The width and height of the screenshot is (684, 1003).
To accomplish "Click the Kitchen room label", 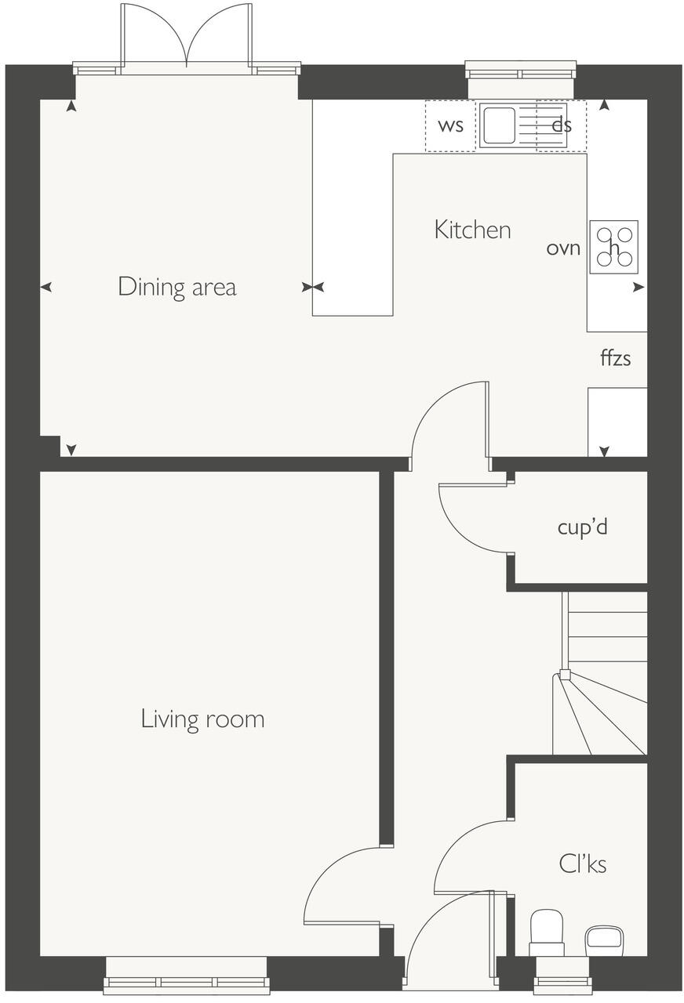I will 472,230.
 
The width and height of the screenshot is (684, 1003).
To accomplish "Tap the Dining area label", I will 176,287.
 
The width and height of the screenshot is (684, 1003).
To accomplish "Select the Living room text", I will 202,719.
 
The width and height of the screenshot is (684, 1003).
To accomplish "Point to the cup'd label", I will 582,527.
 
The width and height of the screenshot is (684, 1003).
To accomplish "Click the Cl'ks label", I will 582,864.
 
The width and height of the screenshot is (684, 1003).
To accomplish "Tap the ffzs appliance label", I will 615,359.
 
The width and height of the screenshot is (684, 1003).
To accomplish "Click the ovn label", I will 563,248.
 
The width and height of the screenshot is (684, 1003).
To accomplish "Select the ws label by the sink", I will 450,125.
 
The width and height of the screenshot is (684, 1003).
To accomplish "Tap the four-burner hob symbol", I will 613,247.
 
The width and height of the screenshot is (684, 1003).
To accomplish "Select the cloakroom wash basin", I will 604,937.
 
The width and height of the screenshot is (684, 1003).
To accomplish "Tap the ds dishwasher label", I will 561,125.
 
